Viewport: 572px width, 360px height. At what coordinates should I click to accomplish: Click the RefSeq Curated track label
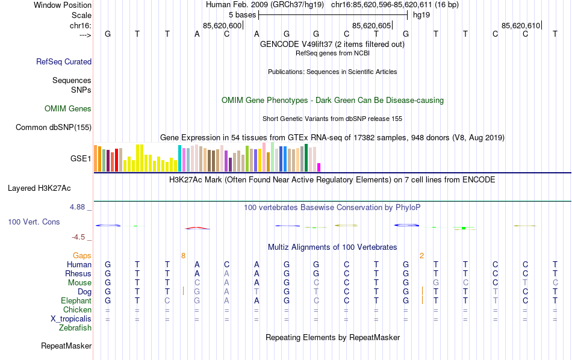(64, 61)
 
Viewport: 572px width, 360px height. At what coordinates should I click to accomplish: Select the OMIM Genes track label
(68, 109)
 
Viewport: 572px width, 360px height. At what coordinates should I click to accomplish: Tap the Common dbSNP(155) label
(54, 127)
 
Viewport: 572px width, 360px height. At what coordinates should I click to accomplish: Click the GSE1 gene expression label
(81, 159)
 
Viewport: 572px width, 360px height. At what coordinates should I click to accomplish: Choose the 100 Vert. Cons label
(34, 222)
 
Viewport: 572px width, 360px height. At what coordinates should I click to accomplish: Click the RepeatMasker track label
(66, 346)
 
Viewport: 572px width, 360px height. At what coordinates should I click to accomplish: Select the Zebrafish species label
(75, 328)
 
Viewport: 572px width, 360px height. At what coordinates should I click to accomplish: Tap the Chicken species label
(77, 310)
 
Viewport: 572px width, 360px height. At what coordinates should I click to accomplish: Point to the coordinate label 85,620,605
(371, 25)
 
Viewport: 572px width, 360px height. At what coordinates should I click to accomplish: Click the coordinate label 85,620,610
(521, 25)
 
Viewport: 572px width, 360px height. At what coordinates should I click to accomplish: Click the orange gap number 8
(183, 256)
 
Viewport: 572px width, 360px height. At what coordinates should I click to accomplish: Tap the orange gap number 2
(421, 256)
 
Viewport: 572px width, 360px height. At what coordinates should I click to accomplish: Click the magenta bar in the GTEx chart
(319, 167)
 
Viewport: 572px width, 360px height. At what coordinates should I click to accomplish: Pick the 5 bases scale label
(242, 14)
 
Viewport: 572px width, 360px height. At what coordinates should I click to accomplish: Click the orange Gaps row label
(82, 256)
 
